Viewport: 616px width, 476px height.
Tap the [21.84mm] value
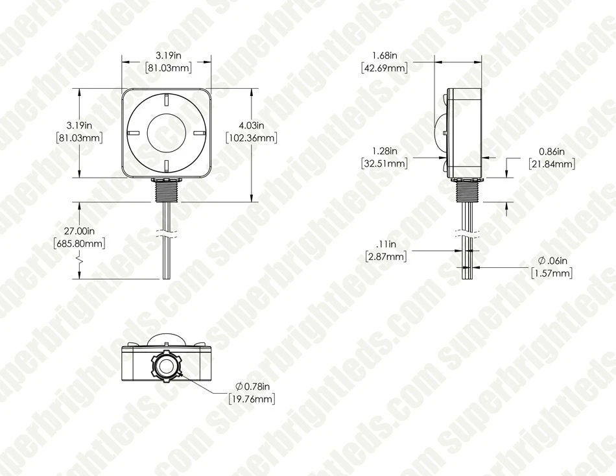(552, 164)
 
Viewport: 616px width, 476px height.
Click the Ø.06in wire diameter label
(552, 261)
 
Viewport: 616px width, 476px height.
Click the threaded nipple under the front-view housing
(166, 191)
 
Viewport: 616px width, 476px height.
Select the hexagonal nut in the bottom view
(166, 368)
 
